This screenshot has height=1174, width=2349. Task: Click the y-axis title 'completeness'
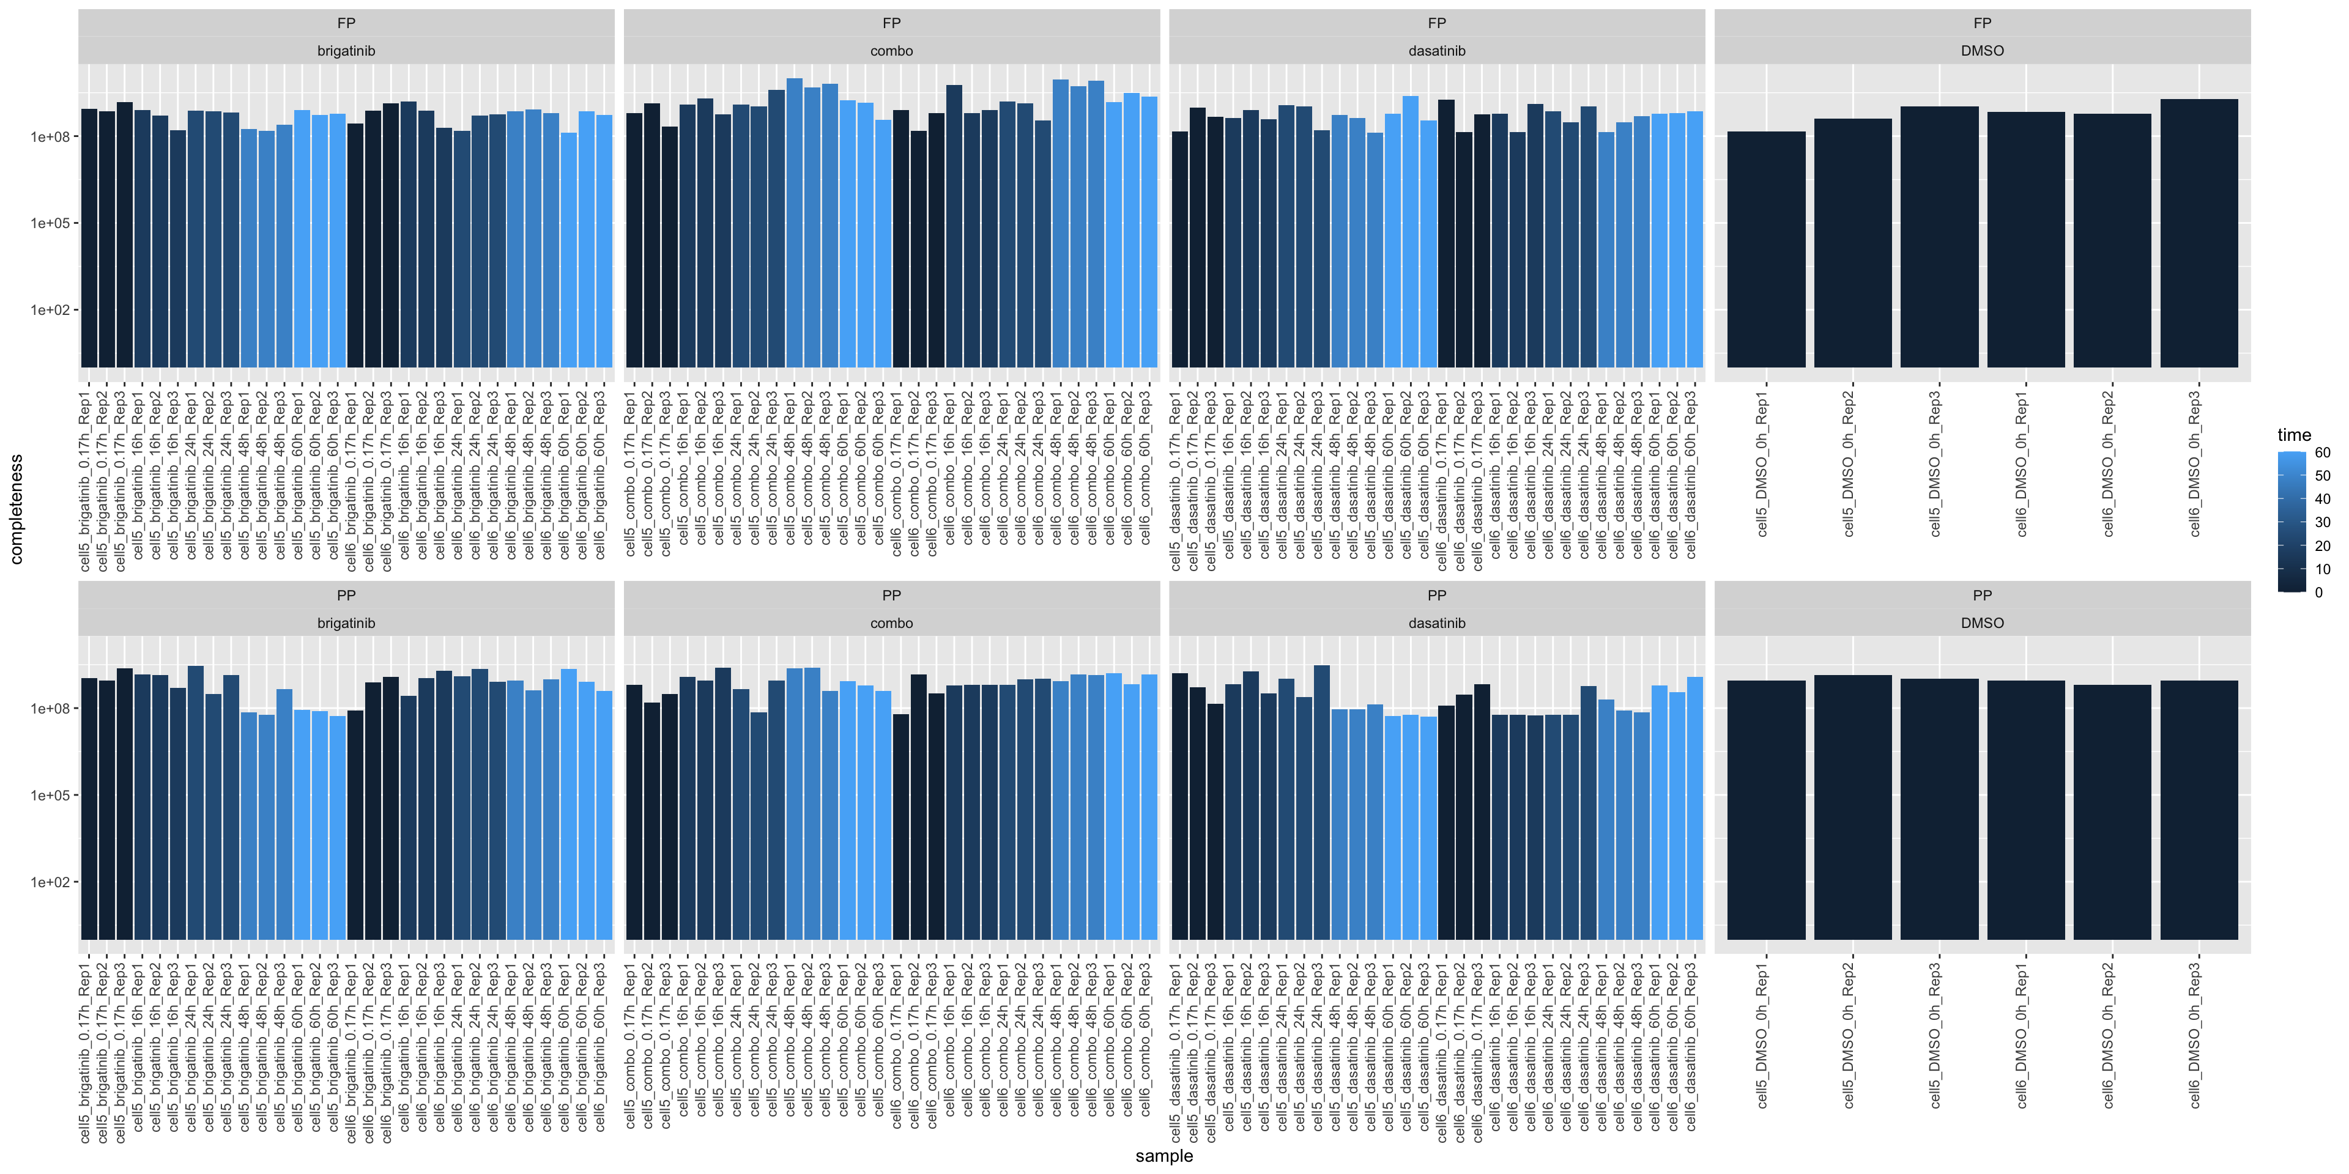(x=15, y=509)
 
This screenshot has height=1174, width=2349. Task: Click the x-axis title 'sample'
(x=1163, y=1156)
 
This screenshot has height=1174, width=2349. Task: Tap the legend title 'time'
(x=2295, y=435)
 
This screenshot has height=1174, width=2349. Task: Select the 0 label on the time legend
(x=2319, y=593)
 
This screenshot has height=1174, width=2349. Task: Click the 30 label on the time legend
(x=2323, y=522)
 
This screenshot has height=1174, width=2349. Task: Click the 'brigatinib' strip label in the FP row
(x=346, y=51)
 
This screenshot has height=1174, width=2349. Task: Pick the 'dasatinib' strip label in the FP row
(x=1436, y=51)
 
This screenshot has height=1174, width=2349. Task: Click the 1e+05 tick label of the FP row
(x=50, y=223)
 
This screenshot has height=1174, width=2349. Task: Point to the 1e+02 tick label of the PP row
(x=50, y=882)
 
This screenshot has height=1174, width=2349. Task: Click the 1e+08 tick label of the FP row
(x=50, y=137)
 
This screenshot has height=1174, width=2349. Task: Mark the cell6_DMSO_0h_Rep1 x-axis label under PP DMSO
(x=2022, y=1035)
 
